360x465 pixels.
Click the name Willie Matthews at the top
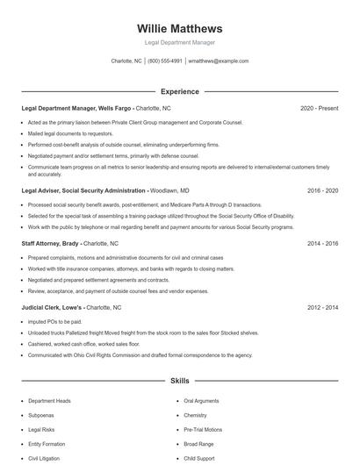[179, 28]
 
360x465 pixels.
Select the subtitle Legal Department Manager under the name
[179, 42]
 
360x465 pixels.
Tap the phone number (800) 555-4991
[165, 61]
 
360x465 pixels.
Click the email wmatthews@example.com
[219, 61]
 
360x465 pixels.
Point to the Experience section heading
[179, 91]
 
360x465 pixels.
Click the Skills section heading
[179, 382]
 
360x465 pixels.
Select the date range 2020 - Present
[319, 109]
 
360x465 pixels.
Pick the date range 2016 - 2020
[320, 190]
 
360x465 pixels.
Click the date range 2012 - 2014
[320, 308]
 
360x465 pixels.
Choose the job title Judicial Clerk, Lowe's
[52, 308]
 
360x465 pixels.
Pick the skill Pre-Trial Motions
[203, 429]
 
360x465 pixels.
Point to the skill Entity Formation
[47, 444]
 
